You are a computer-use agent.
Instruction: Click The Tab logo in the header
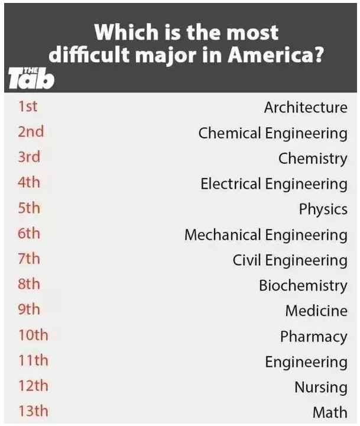(31, 78)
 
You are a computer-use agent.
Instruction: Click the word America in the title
(275, 55)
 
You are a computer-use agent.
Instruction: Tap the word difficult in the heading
(89, 54)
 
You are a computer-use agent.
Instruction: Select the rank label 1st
(27, 106)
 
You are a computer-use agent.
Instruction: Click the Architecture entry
(306, 107)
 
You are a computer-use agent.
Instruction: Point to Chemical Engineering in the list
(273, 133)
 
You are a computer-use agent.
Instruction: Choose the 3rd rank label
(29, 157)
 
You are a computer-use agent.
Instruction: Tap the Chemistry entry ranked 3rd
(313, 159)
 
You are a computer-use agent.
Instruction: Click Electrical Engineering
(274, 184)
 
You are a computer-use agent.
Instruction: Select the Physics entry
(323, 209)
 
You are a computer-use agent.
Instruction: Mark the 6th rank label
(29, 233)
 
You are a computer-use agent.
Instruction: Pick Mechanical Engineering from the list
(266, 235)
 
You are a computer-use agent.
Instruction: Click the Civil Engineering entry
(290, 260)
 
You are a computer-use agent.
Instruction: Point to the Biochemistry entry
(303, 286)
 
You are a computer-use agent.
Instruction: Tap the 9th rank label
(29, 309)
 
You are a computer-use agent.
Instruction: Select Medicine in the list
(316, 311)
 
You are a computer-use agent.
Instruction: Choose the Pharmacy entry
(313, 337)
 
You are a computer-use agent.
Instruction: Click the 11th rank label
(33, 360)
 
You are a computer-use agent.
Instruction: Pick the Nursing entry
(321, 388)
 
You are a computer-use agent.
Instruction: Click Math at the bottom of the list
(330, 412)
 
